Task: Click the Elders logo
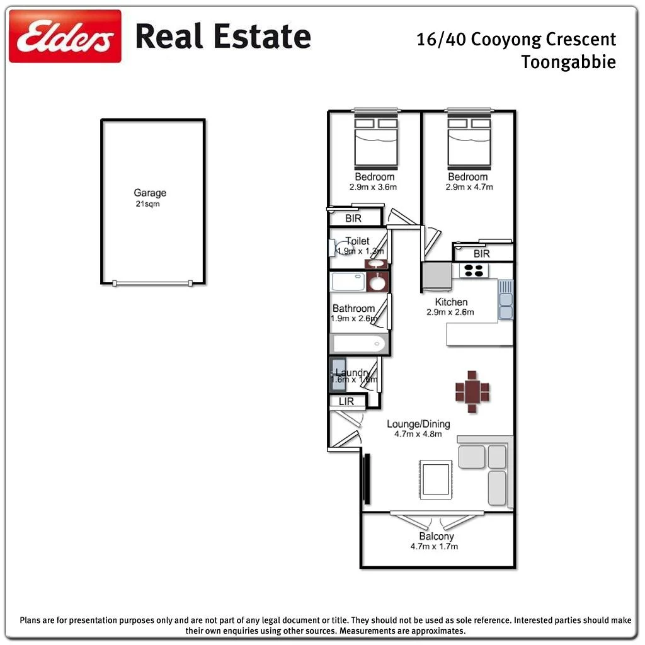65,36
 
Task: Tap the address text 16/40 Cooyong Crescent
516,40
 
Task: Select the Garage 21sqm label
150,198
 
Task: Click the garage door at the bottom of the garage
152,283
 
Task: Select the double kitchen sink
506,300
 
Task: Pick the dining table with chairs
472,392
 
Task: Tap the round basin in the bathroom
377,283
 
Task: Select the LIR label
346,401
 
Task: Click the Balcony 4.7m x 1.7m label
437,541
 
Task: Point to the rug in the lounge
435,479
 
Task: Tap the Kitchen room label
451,307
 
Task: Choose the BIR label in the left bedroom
353,219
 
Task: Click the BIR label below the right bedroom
481,254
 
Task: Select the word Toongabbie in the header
568,62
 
